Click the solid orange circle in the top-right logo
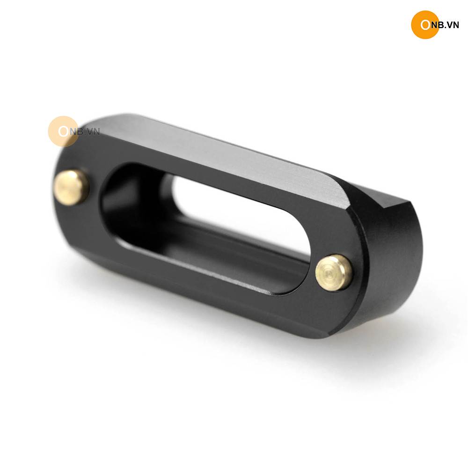pyautogui.click(x=425, y=24)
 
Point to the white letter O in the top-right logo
pyautogui.click(x=425, y=25)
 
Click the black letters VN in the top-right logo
pyautogui.click(x=453, y=25)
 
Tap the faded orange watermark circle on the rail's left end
pyautogui.click(x=63, y=132)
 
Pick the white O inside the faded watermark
pyautogui.click(x=64, y=132)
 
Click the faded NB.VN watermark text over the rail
pyautogui.click(x=85, y=132)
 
